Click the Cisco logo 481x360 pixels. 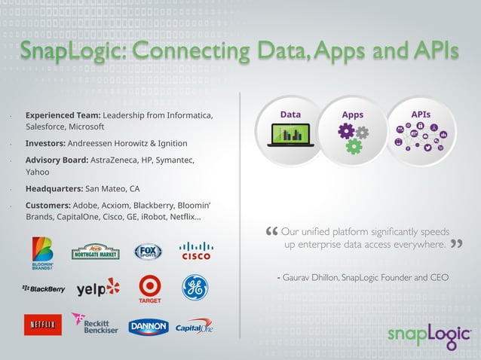[196, 251]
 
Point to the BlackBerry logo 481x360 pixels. [43, 288]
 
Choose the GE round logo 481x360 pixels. [195, 287]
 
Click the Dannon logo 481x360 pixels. [148, 327]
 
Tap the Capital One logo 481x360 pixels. [195, 327]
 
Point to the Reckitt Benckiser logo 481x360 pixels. [95, 324]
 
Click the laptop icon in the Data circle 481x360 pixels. [290, 136]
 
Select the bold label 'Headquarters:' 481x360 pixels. [54, 188]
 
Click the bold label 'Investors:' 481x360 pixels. [46, 143]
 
